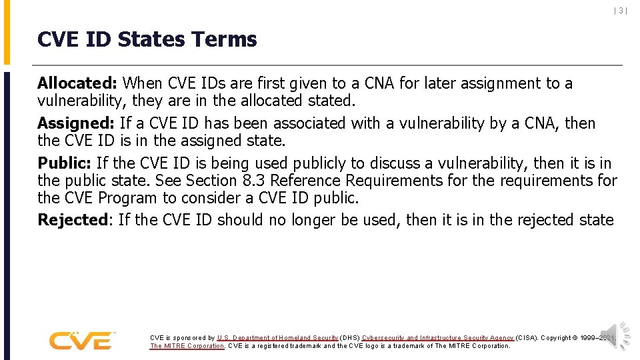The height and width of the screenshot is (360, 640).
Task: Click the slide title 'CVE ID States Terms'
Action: tap(147, 39)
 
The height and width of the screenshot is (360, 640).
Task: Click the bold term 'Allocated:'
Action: tap(77, 83)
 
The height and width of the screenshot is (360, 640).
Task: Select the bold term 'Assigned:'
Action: tap(76, 123)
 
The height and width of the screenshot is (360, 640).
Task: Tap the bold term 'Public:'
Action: tap(65, 163)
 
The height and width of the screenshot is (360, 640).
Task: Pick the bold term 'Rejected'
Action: tap(73, 220)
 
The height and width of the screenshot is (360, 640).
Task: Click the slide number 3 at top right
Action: tap(620, 11)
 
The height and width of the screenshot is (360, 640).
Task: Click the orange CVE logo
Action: tap(81, 341)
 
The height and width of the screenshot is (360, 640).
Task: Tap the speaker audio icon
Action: tap(614, 335)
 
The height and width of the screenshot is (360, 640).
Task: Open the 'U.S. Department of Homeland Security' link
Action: tap(277, 338)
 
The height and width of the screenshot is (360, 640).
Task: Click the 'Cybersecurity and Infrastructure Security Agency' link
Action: tap(437, 338)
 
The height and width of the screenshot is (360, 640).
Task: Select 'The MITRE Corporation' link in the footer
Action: tap(187, 346)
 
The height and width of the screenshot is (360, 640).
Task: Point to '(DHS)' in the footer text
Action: tap(350, 338)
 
